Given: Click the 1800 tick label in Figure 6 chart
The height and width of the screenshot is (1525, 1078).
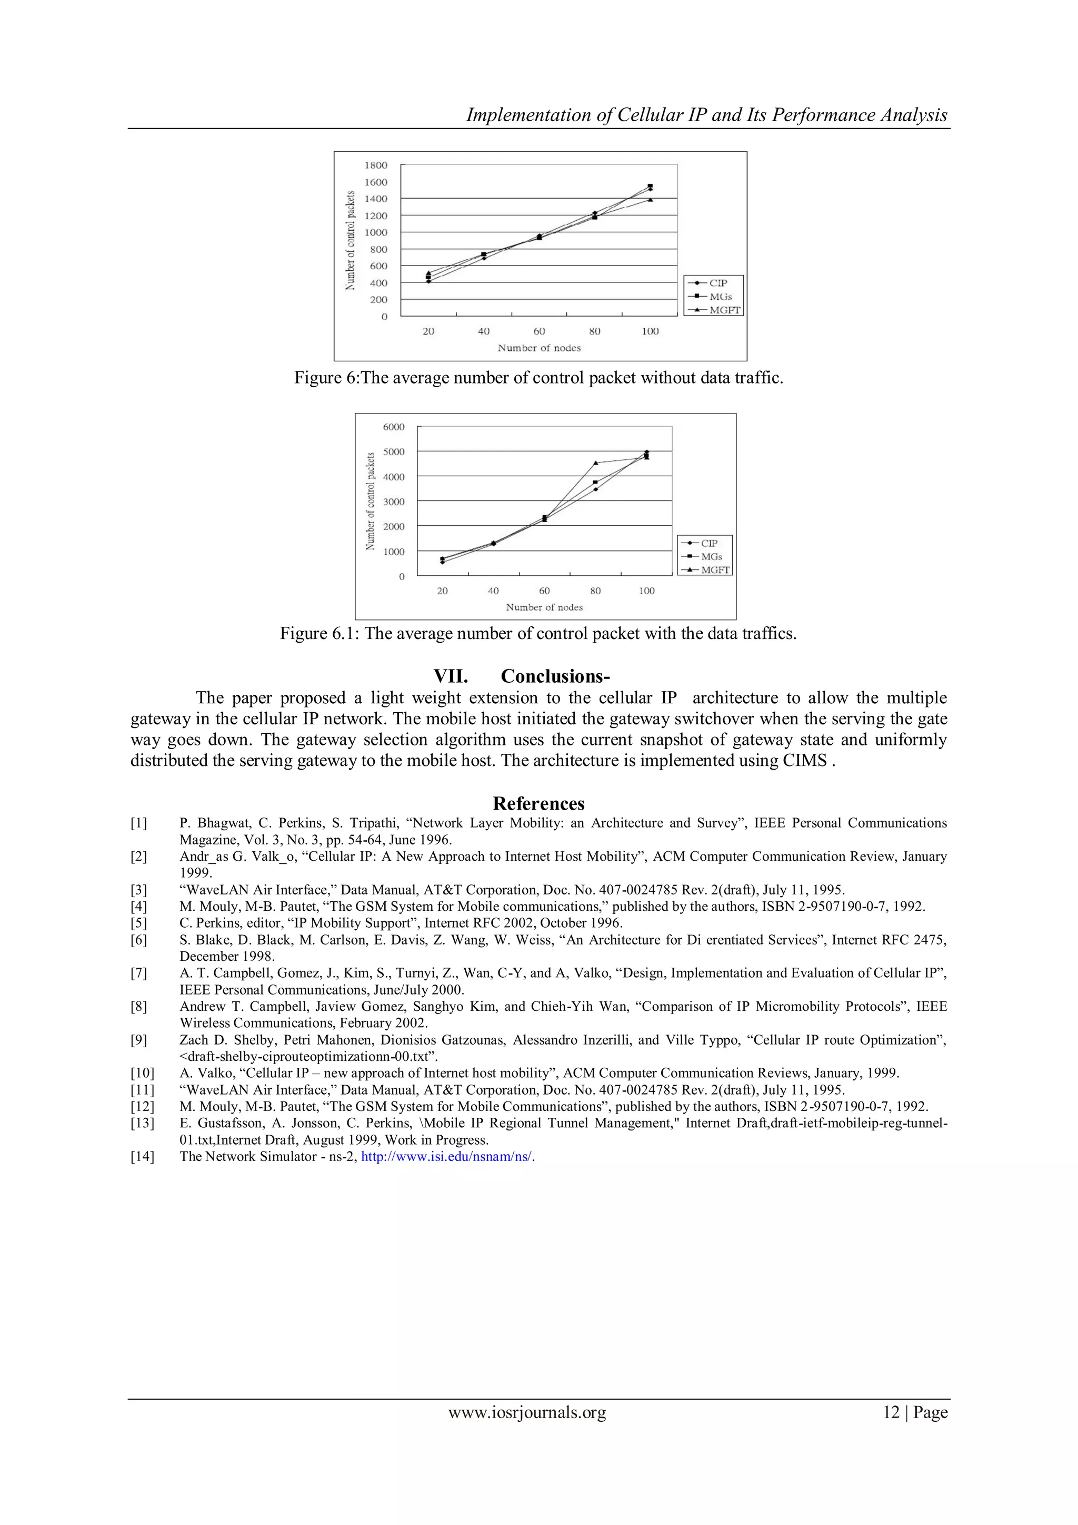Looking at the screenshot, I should click(x=376, y=165).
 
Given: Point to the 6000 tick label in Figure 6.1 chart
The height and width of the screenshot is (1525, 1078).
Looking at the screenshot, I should click(x=393, y=427).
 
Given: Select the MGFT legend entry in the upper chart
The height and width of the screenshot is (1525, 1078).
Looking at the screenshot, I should click(x=724, y=310).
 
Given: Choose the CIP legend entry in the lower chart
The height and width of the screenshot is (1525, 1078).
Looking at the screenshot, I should click(x=709, y=543).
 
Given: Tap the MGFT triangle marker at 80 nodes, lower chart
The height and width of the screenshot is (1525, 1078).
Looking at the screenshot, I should click(x=595, y=463).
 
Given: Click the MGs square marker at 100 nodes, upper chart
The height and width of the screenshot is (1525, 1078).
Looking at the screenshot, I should click(x=650, y=186).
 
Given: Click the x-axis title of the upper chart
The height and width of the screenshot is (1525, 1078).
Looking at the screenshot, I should click(x=539, y=348).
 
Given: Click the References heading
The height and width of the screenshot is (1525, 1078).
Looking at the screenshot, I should click(x=538, y=804).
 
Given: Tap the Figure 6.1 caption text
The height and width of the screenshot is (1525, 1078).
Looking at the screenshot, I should click(x=537, y=633).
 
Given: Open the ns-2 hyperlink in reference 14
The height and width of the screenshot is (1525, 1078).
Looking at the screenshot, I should click(x=447, y=1156).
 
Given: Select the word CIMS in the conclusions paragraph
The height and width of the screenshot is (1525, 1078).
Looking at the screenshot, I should click(x=804, y=761).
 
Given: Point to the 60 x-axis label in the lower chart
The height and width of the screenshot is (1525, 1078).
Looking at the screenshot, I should click(x=544, y=591).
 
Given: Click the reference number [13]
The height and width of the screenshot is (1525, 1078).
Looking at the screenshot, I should click(x=142, y=1123).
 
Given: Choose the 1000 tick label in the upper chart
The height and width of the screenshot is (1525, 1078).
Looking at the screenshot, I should click(x=376, y=232).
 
